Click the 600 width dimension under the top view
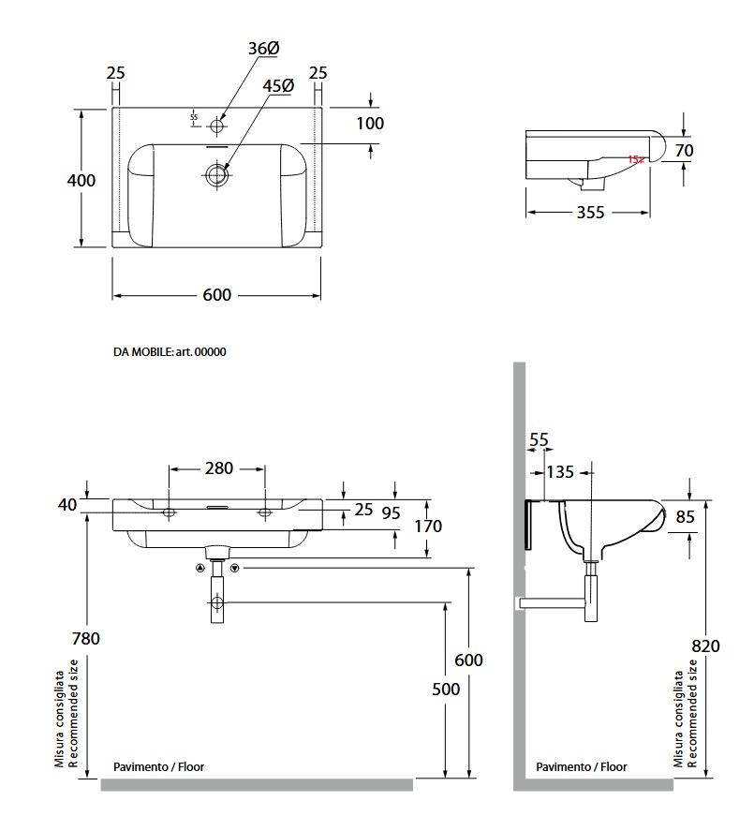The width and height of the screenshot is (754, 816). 216,295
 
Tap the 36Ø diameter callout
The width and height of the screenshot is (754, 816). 264,48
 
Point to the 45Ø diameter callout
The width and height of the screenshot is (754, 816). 278,85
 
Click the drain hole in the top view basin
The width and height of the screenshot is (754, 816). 217,173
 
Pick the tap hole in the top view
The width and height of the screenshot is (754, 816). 217,124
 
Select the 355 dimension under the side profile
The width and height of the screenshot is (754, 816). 589,213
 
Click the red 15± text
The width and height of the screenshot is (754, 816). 636,160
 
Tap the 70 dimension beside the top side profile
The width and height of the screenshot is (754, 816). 709,149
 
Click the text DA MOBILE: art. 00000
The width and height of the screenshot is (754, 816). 170,352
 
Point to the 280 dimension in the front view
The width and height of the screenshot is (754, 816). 217,467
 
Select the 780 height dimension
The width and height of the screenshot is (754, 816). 85,639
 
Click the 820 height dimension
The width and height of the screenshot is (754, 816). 707,645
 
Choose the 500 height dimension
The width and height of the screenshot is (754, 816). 447,689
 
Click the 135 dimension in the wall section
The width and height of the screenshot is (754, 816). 560,471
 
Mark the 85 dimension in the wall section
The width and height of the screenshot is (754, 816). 710,515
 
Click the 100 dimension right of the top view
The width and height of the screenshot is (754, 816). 370,123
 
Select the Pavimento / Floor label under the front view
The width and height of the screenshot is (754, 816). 158,766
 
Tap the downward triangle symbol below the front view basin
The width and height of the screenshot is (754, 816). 235,568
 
